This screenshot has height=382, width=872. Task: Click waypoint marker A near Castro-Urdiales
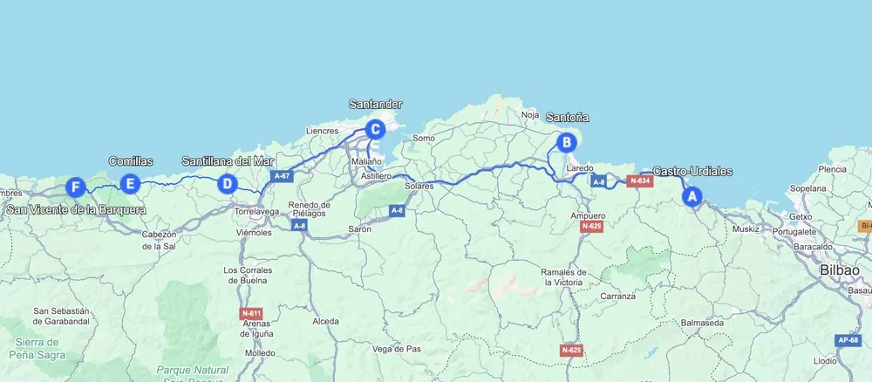tap(692, 197)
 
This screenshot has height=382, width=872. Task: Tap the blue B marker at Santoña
tap(566, 141)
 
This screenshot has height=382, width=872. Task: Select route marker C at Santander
tap(374, 130)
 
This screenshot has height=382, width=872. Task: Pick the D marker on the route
tap(227, 183)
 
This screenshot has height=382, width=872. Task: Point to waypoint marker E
tap(130, 183)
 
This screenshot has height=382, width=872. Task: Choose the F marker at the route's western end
tap(76, 187)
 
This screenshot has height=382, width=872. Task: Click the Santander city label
tap(375, 104)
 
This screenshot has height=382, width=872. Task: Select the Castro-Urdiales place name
tap(692, 172)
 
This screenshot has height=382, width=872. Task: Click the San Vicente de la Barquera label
tap(77, 209)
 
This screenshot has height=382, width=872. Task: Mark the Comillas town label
tap(131, 161)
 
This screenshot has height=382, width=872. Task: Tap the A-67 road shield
tap(281, 176)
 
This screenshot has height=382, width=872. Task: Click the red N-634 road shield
tap(640, 181)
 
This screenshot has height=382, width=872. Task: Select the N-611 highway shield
tap(251, 312)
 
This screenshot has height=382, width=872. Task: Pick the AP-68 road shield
tap(848, 340)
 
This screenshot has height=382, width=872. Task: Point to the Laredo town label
tap(579, 167)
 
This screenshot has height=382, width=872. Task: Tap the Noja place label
tap(529, 114)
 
